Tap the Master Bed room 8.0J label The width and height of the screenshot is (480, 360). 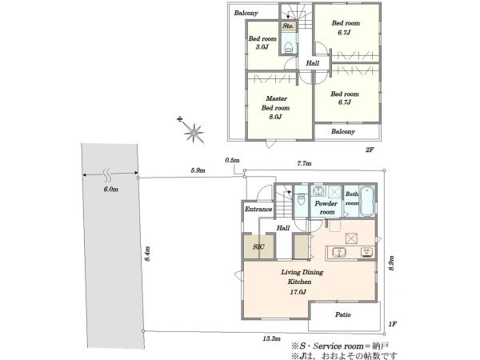pos(276,108)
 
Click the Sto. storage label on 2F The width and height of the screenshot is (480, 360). pos(288,26)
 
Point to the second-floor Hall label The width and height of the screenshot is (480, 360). pos(313,63)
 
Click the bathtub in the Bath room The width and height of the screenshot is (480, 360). pos(366,201)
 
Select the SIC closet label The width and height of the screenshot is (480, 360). pos(258,247)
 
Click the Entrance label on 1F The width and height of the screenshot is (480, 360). pos(258,210)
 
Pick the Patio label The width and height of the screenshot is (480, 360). pos(343,314)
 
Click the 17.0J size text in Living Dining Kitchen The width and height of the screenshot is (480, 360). pos(298,292)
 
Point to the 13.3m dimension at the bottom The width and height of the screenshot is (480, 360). pos(271,338)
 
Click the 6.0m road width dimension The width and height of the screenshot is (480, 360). pos(111,189)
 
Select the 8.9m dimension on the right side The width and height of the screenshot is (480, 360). pos(391,263)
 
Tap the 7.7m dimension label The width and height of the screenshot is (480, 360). pos(304,163)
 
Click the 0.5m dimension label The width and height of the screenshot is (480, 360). pos(232,160)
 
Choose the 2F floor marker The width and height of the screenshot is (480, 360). pos(370,150)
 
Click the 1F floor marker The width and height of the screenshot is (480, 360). pos(392,324)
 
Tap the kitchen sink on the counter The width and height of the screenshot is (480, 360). pos(339,253)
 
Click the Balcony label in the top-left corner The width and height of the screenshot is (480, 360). pos(246,13)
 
